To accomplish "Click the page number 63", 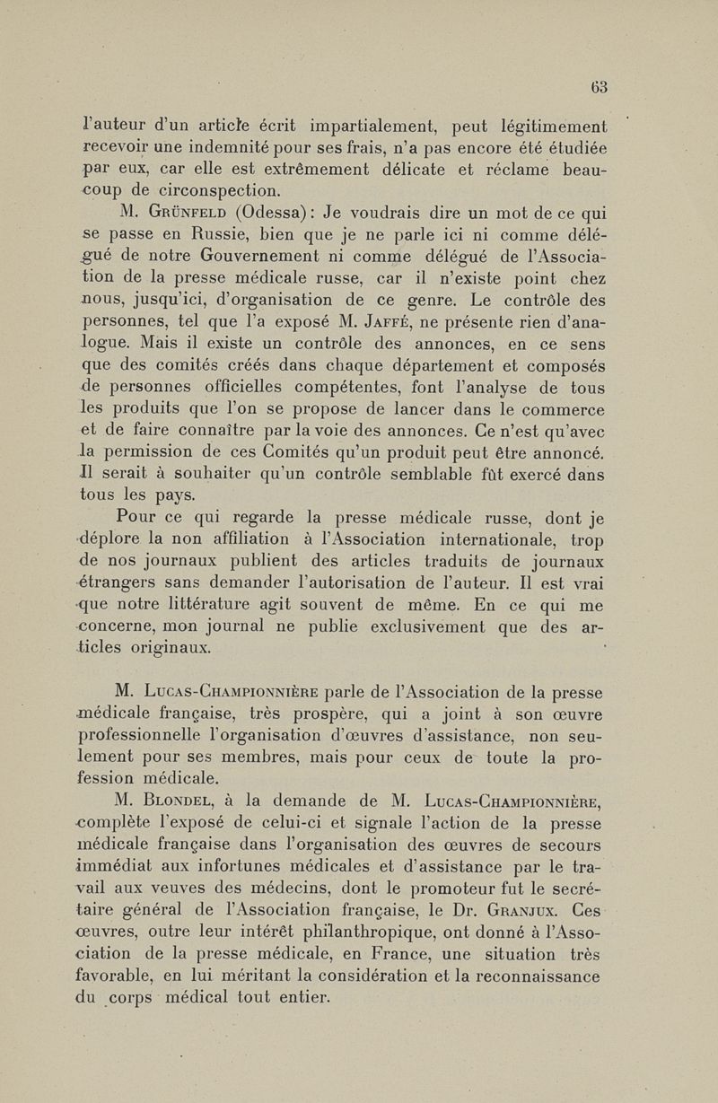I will point(600,87).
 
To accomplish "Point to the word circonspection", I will point(211,190).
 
